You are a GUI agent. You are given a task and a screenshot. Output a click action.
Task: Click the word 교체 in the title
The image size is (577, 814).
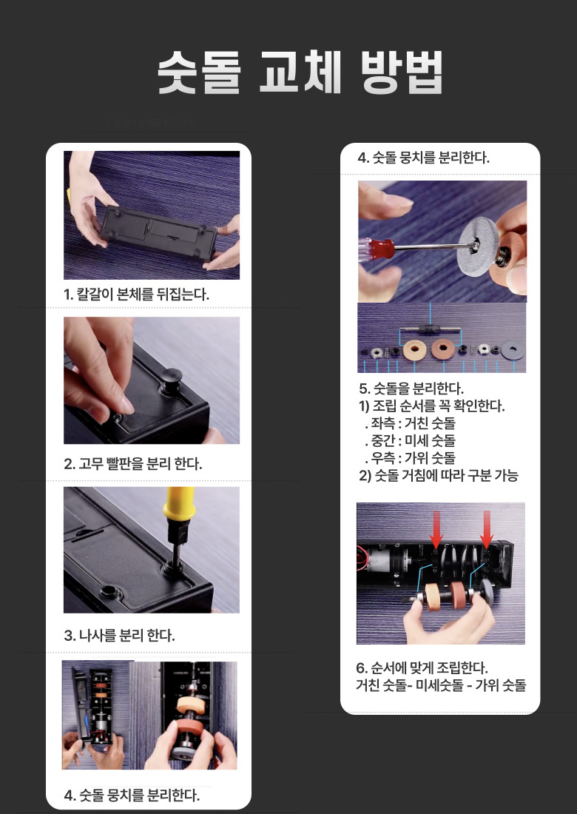[300, 73]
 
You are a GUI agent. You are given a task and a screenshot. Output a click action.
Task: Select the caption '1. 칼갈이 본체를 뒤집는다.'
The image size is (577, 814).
[136, 295]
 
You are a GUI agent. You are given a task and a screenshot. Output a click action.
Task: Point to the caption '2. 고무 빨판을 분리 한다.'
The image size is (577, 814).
[133, 463]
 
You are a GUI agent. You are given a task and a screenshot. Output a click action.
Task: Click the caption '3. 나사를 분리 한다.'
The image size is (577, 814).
[119, 635]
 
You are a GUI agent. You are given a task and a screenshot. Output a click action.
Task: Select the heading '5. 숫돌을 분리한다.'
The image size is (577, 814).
[411, 388]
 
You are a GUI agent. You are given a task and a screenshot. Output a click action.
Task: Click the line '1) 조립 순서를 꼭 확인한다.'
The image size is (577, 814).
[432, 406]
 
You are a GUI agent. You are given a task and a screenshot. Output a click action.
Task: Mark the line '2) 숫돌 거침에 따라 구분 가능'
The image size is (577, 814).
[439, 476]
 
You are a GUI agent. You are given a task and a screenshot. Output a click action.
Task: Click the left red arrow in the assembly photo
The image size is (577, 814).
[436, 530]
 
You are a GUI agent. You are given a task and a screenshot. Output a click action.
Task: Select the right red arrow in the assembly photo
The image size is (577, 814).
[486, 530]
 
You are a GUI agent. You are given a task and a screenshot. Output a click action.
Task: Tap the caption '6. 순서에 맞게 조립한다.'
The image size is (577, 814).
[422, 667]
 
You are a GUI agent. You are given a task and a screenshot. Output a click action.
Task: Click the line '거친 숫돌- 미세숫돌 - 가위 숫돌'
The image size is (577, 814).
[441, 685]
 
